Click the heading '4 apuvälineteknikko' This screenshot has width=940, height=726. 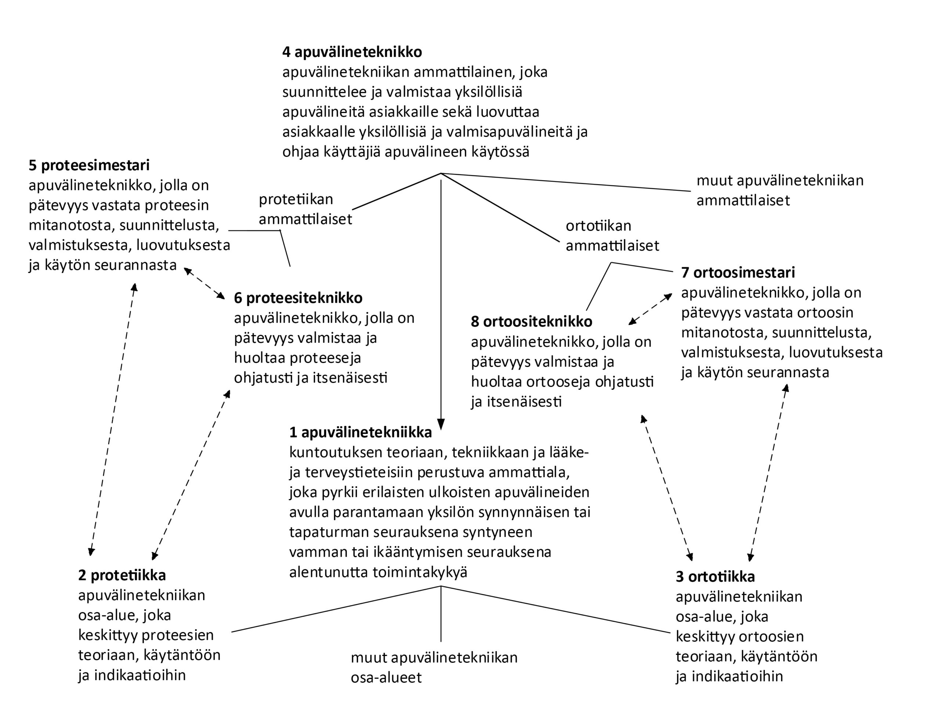tap(352, 52)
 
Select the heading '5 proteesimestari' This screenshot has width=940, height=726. tap(89, 165)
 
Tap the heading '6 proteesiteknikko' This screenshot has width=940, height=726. tap(298, 298)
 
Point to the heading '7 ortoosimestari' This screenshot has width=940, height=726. tap(738, 272)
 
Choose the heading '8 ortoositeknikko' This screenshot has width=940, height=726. tap(531, 322)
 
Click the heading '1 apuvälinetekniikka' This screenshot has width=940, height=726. tap(360, 432)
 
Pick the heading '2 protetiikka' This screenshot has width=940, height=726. tap(122, 576)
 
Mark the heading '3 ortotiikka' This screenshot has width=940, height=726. tap(715, 577)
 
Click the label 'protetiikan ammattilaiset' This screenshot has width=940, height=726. tap(305, 209)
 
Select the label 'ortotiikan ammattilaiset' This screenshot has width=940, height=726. tap(612, 235)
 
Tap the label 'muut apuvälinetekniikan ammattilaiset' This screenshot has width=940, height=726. tap(780, 190)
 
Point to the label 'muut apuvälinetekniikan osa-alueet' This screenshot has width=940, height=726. tap(434, 668)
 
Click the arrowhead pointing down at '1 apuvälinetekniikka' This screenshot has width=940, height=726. tap(441, 424)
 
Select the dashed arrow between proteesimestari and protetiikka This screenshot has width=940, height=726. tap(113, 420)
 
